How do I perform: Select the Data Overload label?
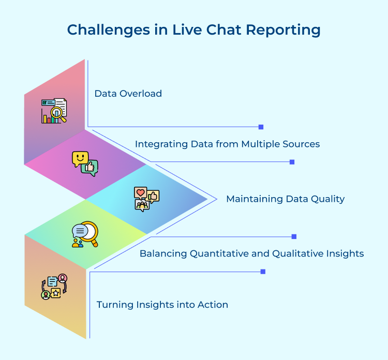128,94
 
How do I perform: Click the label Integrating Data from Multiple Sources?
227,144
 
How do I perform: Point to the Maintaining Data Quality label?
285,199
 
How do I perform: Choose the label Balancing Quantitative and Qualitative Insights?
251,253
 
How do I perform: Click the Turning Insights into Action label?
162,305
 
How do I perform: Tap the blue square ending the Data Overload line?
261,127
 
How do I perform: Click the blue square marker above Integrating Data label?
292,162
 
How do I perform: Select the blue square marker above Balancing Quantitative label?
294,236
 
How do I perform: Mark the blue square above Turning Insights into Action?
263,272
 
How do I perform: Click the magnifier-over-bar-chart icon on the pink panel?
54,111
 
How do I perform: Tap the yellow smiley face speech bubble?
80,158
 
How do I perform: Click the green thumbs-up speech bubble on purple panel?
91,168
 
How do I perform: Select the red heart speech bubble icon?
140,193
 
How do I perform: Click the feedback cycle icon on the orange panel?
54,287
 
